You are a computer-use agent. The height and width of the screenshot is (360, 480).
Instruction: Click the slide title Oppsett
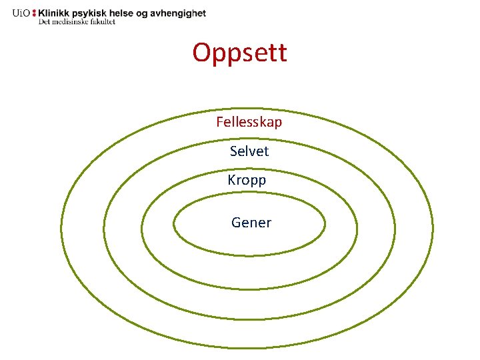tap(240, 52)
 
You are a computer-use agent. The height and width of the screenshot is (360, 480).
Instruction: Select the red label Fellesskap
tap(249, 122)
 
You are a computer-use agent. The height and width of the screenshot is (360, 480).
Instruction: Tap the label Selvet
tap(249, 151)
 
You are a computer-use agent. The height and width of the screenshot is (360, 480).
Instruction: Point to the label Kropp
tap(247, 180)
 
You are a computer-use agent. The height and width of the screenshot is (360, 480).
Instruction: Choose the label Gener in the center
tap(251, 223)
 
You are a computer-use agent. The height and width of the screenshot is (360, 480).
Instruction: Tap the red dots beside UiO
tap(34, 13)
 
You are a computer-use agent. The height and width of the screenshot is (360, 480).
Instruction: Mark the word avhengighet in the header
tap(184, 13)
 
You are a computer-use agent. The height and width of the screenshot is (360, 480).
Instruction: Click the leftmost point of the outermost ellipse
tap(61, 230)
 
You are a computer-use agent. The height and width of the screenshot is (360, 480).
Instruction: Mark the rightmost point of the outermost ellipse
tap(433, 230)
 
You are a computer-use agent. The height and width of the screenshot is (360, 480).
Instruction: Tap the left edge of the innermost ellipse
tap(173, 225)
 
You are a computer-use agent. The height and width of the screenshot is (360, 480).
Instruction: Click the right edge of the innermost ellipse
tap(325, 225)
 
